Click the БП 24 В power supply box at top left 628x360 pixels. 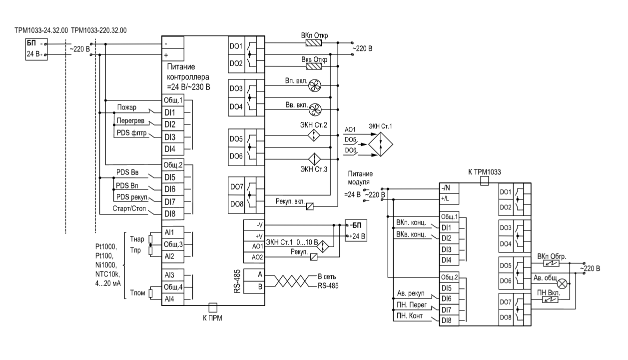coord(36,49)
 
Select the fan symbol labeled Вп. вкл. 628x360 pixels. coord(315,85)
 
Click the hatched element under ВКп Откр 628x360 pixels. coord(313,42)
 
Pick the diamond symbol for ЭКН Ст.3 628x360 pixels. coord(314,159)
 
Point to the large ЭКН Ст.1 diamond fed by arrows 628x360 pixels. coord(380,144)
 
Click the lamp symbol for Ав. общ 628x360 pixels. coord(562,283)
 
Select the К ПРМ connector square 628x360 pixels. coord(213,307)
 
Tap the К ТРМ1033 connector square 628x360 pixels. coord(485,180)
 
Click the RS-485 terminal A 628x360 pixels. coord(254,274)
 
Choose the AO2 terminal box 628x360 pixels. coord(254,257)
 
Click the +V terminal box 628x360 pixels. coord(254,235)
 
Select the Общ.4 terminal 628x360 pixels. coord(173,287)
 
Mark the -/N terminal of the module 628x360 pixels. coord(449,188)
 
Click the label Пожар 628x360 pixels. coord(127,107)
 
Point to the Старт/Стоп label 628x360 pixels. coord(129,208)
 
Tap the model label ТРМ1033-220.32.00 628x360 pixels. coord(99,30)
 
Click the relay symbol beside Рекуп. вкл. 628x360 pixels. coord(310,206)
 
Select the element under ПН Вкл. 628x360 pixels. coord(550,300)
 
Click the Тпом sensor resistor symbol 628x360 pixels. coord(150,293)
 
